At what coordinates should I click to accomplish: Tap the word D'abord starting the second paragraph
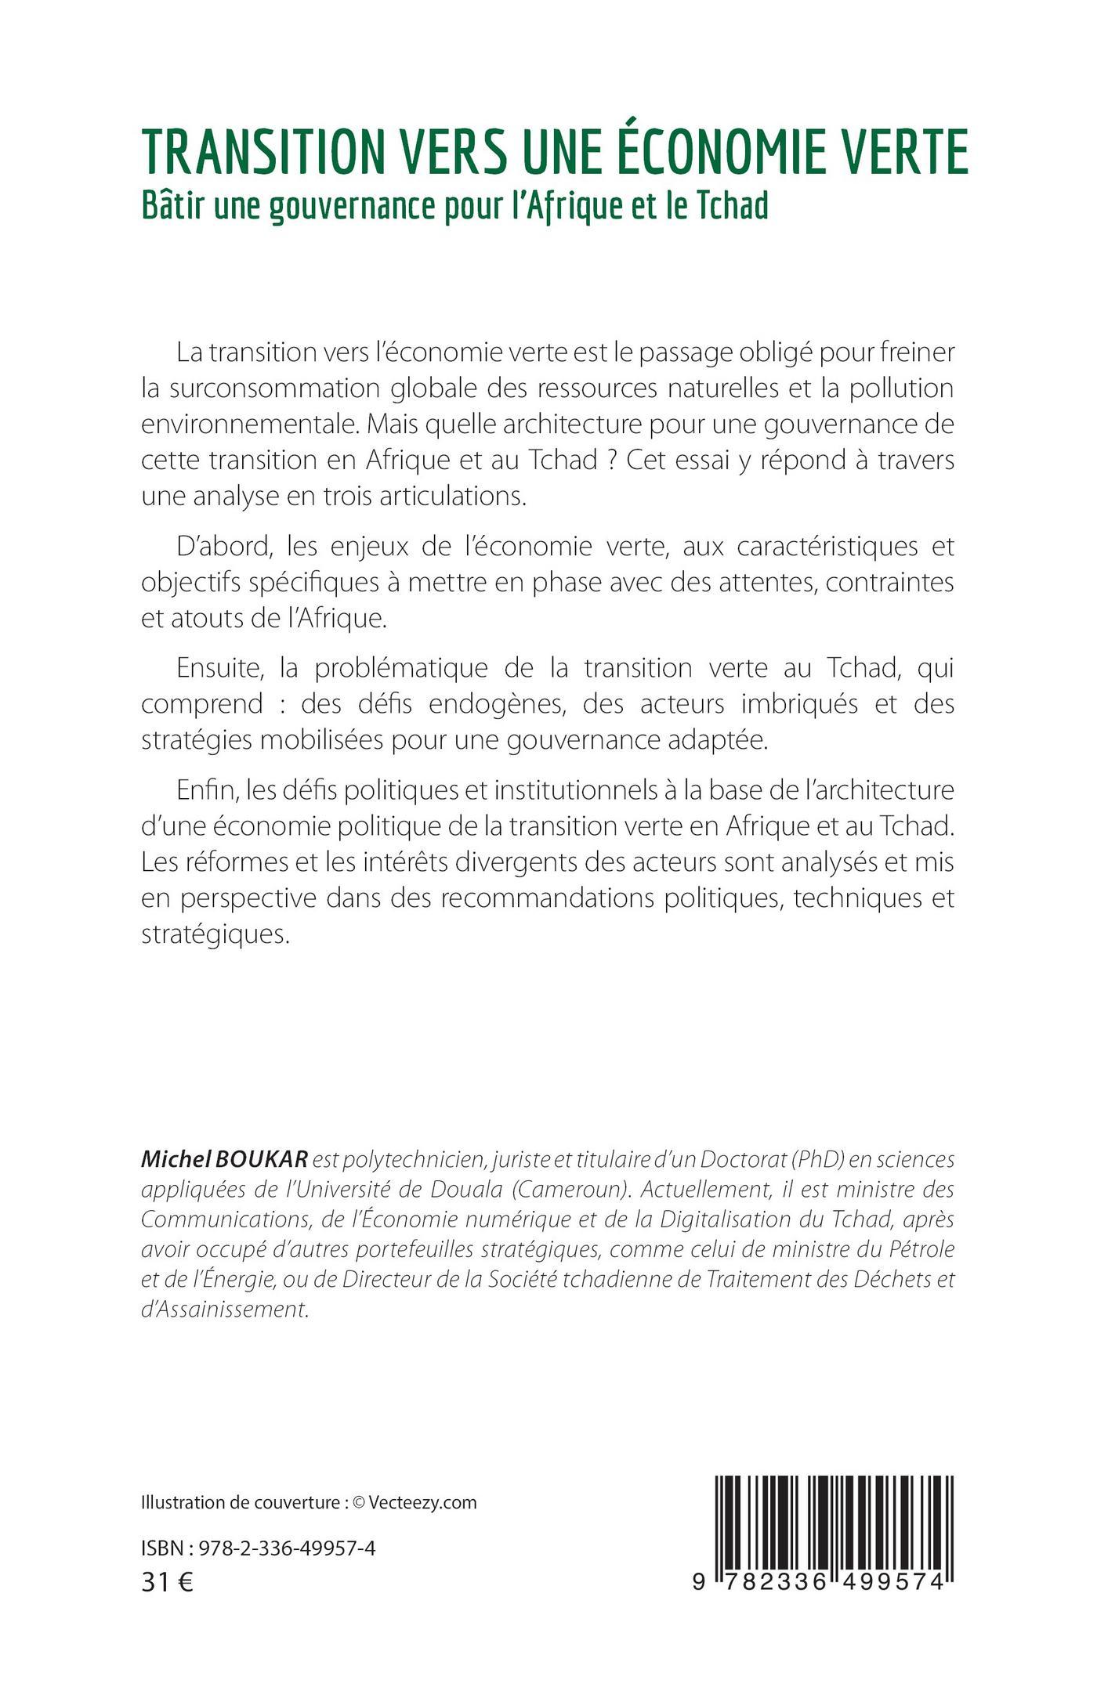tap(207, 547)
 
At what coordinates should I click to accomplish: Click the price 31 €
tap(167, 1583)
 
